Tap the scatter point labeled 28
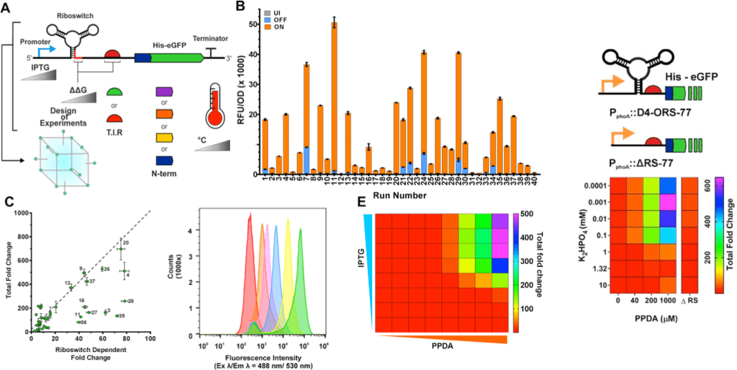pyautogui.click(x=123, y=301)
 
